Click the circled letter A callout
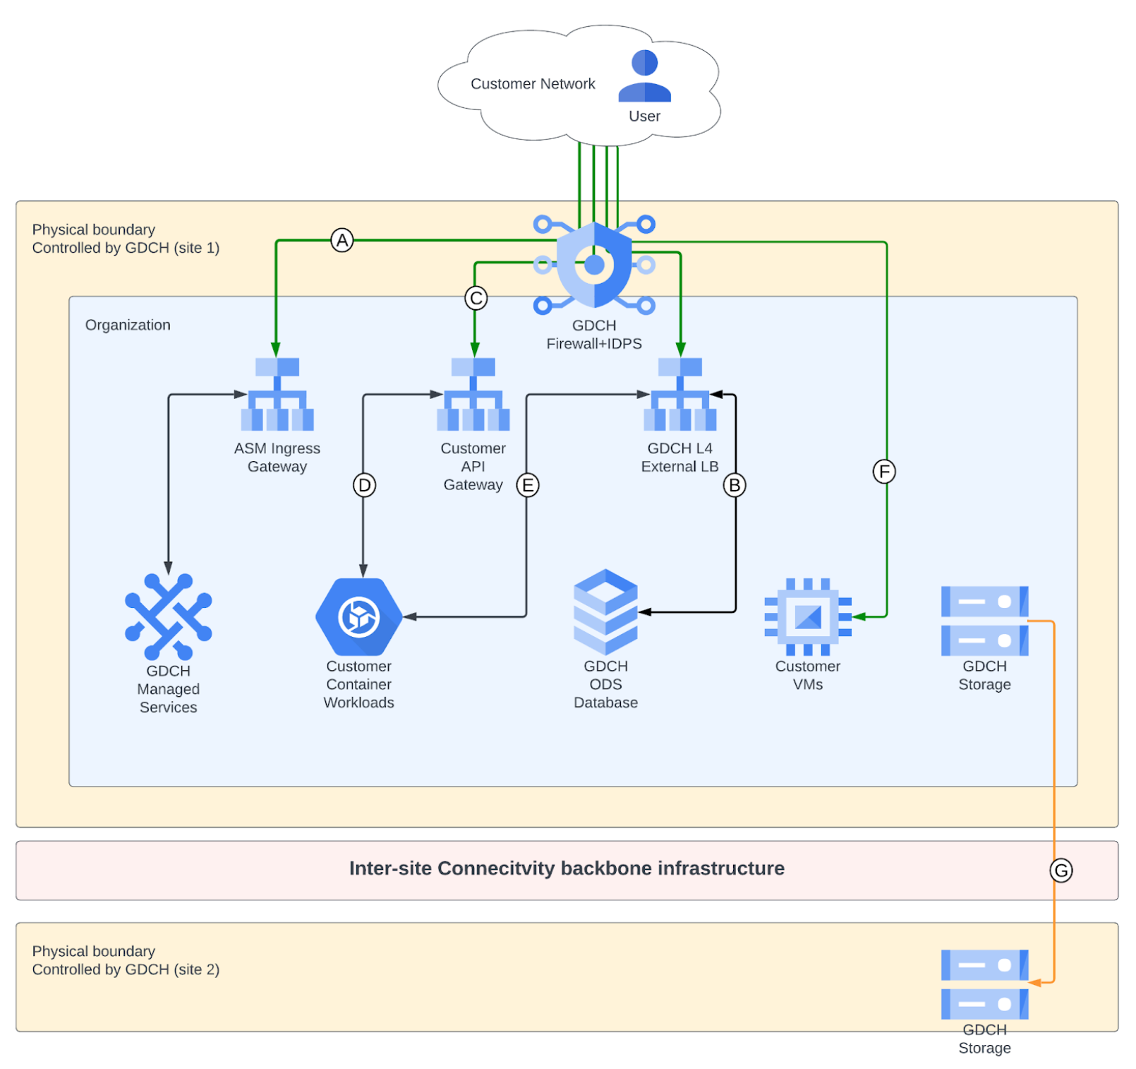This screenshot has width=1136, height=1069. pos(342,241)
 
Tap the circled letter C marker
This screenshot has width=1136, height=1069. pos(476,298)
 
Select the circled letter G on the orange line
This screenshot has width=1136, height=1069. pos(1061,871)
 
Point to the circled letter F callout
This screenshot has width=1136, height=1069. pos(884,471)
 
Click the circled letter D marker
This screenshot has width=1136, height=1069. pos(364,485)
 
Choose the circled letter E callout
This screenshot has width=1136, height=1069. pos(528,485)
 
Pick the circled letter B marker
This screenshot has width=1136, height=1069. pos(735,485)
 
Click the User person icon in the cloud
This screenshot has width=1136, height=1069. pos(644,76)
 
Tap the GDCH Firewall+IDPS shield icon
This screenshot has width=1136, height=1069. pos(594,265)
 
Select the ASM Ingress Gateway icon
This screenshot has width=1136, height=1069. pos(277,395)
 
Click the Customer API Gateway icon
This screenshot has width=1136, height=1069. pos(473,395)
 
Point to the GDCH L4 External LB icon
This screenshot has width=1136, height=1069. pos(679,395)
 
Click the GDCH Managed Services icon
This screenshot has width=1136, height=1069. pos(168,616)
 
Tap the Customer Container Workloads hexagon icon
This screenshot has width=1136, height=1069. pos(358,617)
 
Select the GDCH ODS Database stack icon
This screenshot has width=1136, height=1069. pos(605,611)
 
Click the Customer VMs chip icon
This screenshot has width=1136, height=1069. pos(808,616)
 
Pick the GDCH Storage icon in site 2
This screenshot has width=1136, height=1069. pos(984,984)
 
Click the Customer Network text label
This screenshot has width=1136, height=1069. pos(533,84)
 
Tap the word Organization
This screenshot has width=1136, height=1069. pos(128,325)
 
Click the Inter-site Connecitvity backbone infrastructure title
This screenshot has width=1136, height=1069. pos(567,868)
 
